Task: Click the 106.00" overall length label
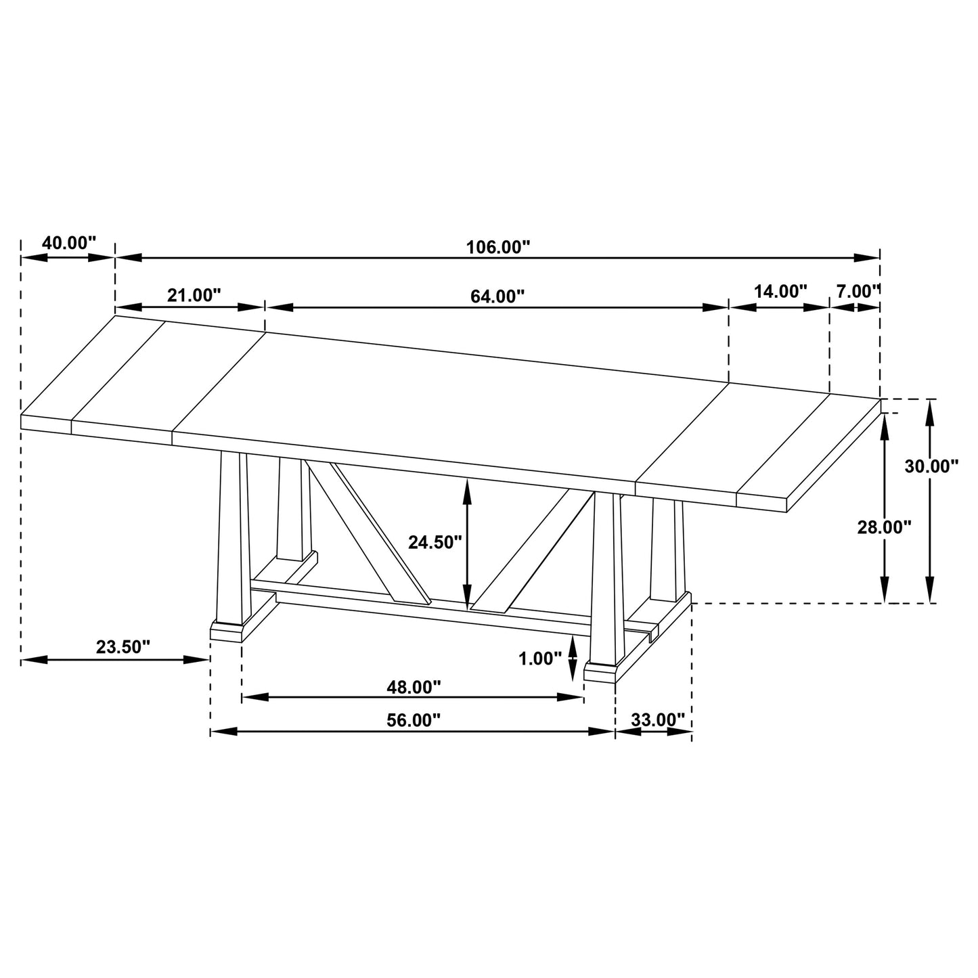coord(497,247)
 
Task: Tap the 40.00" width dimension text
coord(69,243)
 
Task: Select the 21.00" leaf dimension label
coord(194,295)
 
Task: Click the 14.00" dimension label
coord(780,292)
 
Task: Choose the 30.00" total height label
coord(931,466)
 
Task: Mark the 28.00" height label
coord(884,527)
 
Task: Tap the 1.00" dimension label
coord(540,659)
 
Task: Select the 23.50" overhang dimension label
coord(123,647)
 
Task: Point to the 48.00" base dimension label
coord(414,687)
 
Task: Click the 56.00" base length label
coord(414,721)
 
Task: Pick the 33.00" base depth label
coord(658,719)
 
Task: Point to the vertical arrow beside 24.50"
coord(466,541)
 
